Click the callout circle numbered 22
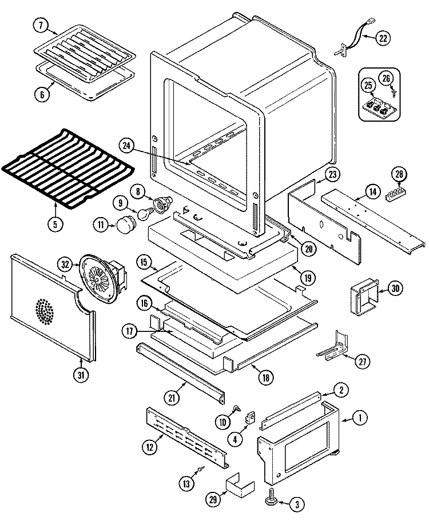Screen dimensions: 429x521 pos(383,38)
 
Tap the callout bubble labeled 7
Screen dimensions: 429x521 pos(41,26)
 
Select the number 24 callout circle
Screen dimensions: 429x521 pos(127,146)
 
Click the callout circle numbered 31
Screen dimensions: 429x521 pos(81,375)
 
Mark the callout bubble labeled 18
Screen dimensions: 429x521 pos(265,377)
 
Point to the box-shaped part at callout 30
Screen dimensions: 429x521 pos(364,296)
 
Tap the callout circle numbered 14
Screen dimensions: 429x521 pos(373,191)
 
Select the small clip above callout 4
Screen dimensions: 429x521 pos(251,418)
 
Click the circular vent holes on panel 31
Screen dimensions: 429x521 pos(44,311)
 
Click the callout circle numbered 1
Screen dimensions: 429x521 pos(359,418)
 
